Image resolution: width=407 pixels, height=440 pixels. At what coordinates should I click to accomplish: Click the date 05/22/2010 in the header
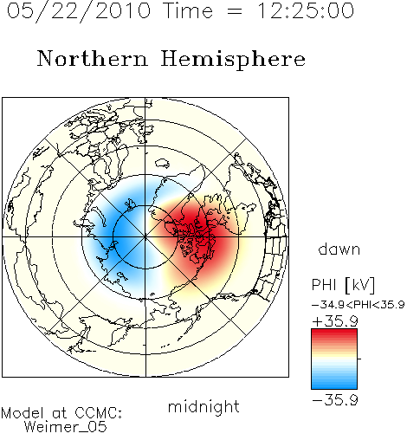[79, 11]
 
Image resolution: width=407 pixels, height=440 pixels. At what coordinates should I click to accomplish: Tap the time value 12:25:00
[305, 10]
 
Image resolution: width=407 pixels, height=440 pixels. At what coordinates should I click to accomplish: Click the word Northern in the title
[93, 58]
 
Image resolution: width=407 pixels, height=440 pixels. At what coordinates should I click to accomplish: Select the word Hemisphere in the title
[233, 60]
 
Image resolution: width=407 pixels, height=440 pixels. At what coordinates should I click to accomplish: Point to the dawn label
[339, 249]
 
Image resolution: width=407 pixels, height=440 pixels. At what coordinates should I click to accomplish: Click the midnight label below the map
[203, 408]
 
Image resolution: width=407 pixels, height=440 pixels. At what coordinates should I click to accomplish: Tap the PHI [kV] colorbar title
[343, 285]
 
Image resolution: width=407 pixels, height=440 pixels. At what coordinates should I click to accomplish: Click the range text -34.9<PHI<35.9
[358, 305]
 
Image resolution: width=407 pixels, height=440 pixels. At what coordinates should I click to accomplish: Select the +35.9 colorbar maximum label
[335, 321]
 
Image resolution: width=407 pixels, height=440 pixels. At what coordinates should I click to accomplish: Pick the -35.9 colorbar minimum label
[335, 400]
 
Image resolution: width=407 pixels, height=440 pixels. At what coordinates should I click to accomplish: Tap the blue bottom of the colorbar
[334, 384]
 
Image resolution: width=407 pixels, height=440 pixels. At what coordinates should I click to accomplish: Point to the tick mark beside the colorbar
[359, 359]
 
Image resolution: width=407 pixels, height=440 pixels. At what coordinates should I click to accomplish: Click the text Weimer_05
[66, 426]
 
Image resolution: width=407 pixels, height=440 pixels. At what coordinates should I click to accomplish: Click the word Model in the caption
[23, 413]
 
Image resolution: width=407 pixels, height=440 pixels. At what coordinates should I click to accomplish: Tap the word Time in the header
[188, 11]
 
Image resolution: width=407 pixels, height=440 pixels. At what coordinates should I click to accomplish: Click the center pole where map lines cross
[145, 237]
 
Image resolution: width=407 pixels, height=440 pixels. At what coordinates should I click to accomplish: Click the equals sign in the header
[235, 11]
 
